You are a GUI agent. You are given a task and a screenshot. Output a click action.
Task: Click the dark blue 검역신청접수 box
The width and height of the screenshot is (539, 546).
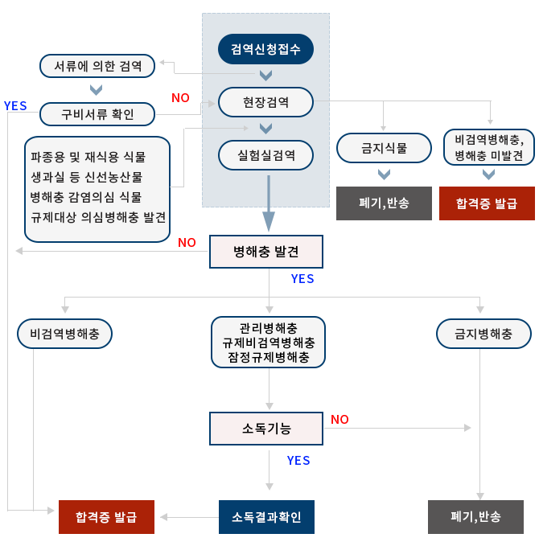coord(265,50)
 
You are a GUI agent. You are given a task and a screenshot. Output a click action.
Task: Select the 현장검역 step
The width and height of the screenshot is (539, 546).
coord(265,102)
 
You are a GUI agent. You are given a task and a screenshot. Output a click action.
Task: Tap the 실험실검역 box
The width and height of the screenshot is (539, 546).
coord(265,155)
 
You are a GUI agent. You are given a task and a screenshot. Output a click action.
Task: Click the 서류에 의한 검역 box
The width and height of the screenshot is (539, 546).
coord(97,66)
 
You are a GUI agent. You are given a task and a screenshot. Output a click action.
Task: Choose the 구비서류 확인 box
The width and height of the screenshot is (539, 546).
coord(97,113)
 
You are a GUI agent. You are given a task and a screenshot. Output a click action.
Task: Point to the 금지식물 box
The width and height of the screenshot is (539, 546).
coord(384,148)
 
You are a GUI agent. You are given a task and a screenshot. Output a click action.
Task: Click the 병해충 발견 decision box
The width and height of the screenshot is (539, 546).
coord(266,252)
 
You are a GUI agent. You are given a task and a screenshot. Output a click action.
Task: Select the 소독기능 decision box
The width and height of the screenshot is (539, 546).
coord(266,429)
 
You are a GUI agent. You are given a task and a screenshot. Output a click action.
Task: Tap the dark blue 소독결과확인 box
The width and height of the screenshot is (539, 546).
coord(266,517)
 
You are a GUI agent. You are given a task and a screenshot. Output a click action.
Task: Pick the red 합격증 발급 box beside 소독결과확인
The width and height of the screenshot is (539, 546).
coord(106,517)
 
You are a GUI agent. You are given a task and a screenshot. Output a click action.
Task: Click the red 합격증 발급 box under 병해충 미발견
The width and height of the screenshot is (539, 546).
coord(487,203)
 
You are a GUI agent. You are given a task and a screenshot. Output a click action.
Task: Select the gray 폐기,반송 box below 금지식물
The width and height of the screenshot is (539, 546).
coord(384,203)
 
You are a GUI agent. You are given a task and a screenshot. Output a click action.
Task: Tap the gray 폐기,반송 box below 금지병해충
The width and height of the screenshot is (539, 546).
coord(475,517)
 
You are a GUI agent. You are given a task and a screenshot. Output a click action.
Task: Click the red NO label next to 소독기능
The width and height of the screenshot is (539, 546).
coord(339,419)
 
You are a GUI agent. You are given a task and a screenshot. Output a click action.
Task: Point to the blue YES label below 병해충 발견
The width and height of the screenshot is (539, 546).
coord(302,279)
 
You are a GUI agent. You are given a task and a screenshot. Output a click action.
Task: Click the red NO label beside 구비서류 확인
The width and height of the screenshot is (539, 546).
coord(180,98)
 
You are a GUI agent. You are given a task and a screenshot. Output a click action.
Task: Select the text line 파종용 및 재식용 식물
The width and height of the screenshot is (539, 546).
coord(88,157)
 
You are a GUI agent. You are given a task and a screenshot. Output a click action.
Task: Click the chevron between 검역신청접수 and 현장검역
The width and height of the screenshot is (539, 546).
coord(265,76)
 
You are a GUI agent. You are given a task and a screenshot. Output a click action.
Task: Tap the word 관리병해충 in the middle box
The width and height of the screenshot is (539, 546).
coord(269,328)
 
